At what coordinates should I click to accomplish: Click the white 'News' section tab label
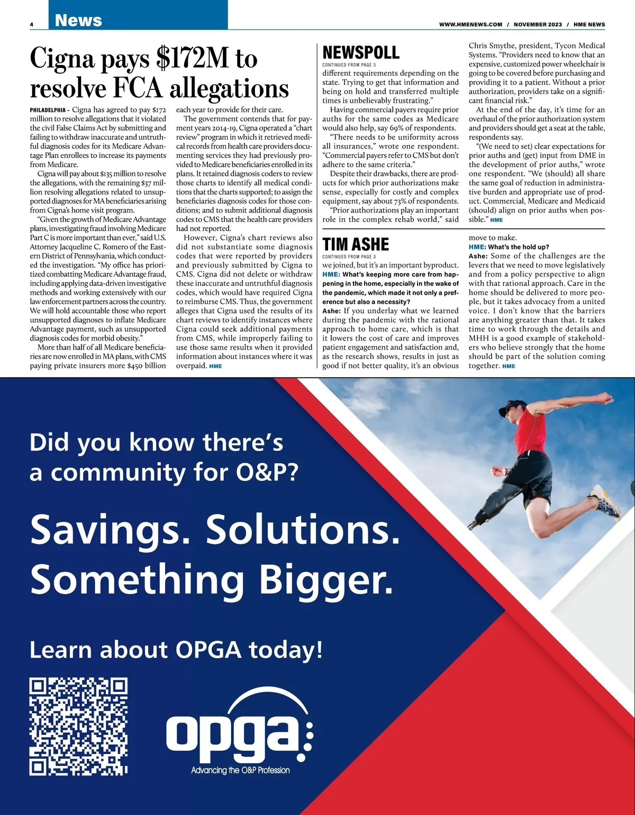tap(78, 20)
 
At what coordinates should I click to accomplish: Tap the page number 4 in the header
tap(32, 24)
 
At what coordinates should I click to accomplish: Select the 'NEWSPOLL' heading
tap(361, 52)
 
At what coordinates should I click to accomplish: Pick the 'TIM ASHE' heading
tap(356, 244)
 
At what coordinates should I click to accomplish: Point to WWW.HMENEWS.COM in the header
tap(470, 24)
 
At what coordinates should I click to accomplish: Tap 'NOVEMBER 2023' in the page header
tap(538, 24)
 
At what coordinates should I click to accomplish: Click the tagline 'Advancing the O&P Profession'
tap(240, 770)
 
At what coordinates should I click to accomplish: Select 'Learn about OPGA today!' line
tap(176, 650)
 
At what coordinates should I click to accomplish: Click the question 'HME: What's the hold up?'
tap(509, 247)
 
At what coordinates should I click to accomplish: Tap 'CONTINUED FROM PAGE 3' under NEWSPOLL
tap(349, 65)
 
